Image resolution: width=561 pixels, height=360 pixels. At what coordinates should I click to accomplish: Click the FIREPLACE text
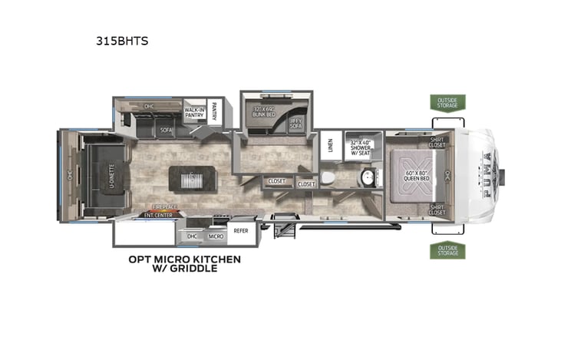(x=161, y=207)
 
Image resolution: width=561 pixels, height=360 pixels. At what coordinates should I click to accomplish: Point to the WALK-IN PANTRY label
(x=193, y=113)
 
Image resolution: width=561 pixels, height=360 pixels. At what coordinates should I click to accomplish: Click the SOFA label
(x=166, y=130)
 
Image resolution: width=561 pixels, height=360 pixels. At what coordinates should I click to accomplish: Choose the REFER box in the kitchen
(x=240, y=229)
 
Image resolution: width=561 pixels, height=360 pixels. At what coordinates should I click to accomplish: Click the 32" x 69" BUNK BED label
(x=265, y=111)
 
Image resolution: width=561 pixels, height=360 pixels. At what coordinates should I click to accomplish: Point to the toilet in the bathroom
(x=328, y=178)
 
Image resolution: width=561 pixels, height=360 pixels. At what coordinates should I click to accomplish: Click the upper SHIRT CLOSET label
(x=437, y=141)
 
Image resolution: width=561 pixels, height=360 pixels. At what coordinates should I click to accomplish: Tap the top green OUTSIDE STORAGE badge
(x=447, y=102)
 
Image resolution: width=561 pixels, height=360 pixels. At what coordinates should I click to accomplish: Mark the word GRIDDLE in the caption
(x=197, y=269)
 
